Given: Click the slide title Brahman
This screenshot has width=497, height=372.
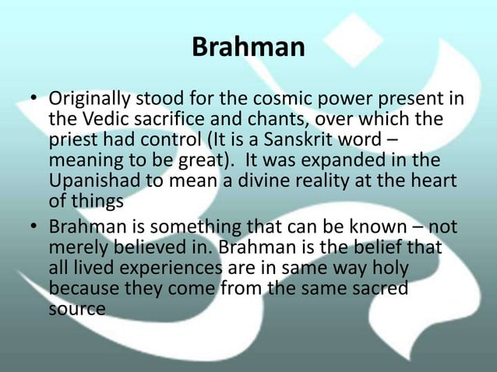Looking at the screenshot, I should [x=248, y=47].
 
